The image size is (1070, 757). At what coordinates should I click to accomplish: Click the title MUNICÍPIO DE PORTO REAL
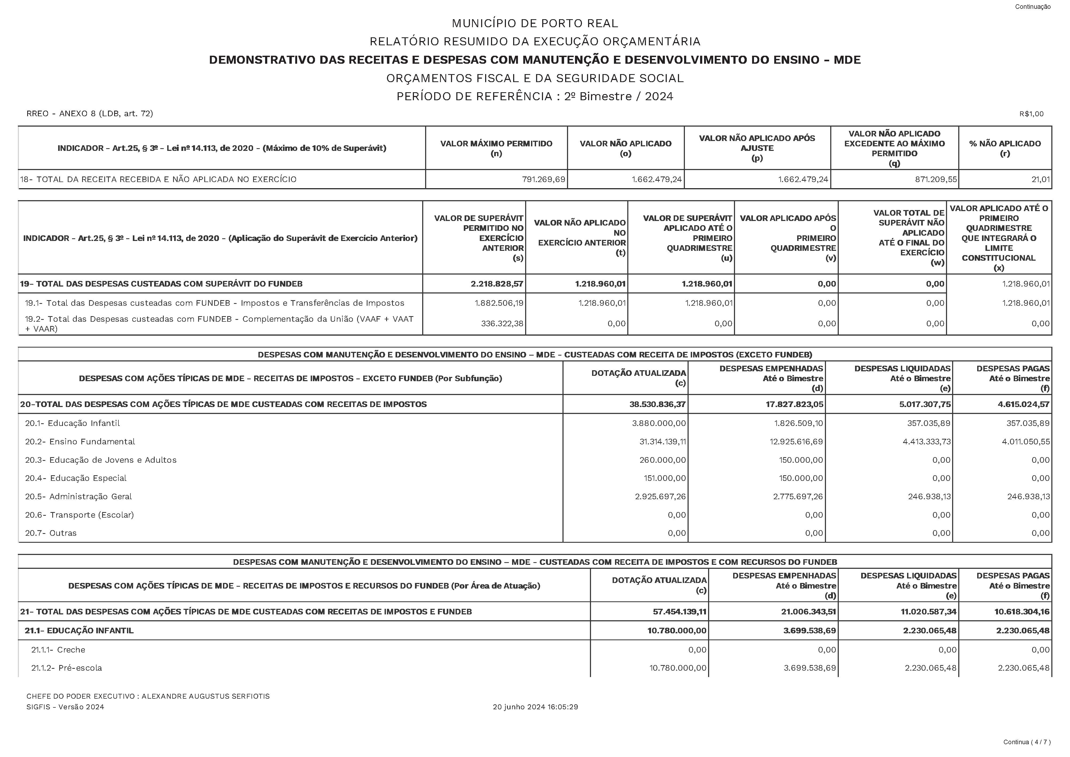point(534,23)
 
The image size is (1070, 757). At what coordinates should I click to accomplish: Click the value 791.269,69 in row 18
point(543,179)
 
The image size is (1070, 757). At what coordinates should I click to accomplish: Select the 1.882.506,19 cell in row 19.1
point(499,303)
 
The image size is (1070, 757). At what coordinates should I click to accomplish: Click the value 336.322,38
point(502,324)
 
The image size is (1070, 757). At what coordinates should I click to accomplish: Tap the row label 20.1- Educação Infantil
point(72,423)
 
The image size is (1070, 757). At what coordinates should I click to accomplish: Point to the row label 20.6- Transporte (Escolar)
point(79,515)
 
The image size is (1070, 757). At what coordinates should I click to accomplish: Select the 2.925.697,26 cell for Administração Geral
point(660,496)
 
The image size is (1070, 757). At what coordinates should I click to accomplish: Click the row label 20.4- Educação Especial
point(75,478)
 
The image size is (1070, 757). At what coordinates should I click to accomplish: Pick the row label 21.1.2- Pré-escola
point(67,668)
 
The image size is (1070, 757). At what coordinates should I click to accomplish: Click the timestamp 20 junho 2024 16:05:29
point(535,707)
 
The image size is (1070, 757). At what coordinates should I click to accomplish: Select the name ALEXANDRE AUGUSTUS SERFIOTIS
point(205,696)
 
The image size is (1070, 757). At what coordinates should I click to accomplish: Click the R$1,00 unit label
point(1031,114)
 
